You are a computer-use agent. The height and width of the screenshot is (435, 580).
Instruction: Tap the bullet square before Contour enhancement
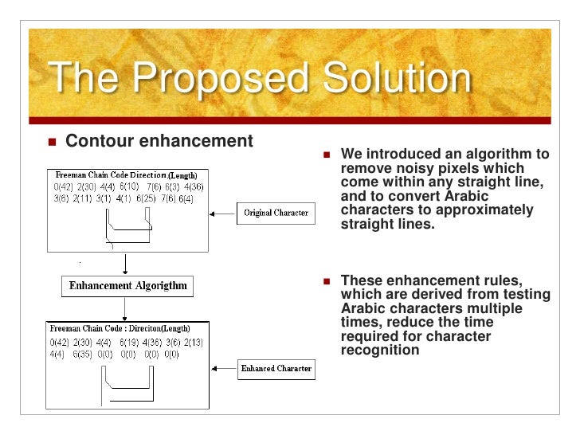pyautogui.click(x=53, y=143)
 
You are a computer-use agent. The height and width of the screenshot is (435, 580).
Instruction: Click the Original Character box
pyautogui.click(x=276, y=213)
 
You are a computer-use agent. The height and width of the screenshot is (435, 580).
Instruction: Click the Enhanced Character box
pyautogui.click(x=276, y=369)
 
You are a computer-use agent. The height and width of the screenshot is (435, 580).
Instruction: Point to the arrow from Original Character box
pyautogui.click(x=222, y=213)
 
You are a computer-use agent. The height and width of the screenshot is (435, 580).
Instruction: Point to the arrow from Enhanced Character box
pyautogui.click(x=222, y=369)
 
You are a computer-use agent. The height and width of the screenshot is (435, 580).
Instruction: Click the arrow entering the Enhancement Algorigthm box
pyautogui.click(x=123, y=265)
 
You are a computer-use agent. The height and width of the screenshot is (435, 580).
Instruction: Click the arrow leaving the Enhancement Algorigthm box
pyautogui.click(x=123, y=307)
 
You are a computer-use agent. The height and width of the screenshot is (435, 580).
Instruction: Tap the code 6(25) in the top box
pyautogui.click(x=147, y=198)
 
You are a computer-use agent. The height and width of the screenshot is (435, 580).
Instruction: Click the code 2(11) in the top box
pyautogui.click(x=84, y=198)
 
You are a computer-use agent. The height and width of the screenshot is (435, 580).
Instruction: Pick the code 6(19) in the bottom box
pyautogui.click(x=128, y=342)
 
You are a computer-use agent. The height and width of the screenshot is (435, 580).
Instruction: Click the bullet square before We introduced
pyautogui.click(x=327, y=155)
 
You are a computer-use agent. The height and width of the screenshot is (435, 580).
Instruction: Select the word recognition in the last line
pyautogui.click(x=380, y=350)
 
